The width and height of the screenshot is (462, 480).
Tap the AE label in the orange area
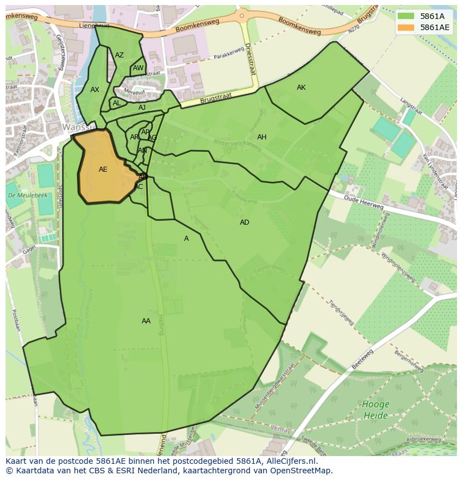[103, 169]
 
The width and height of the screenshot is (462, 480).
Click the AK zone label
[301, 88]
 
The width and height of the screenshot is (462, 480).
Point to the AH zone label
[262, 137]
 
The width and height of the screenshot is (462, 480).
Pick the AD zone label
[244, 222]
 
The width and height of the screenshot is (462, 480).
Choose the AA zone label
[146, 321]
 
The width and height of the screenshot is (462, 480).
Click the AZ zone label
[119, 55]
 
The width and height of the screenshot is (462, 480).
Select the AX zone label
[95, 90]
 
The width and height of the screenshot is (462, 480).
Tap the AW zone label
[138, 69]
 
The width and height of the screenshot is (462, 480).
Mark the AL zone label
[117, 103]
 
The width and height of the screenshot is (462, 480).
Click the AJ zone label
[142, 108]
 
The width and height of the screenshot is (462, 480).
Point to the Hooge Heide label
[376, 410]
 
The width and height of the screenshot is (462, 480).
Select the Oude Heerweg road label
[363, 202]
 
